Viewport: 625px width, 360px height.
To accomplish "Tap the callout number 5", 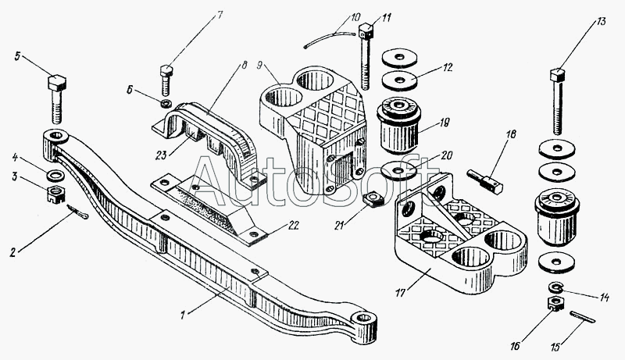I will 17,55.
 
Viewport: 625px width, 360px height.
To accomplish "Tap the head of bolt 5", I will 57,82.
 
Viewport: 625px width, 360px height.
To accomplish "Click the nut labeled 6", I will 165,104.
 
